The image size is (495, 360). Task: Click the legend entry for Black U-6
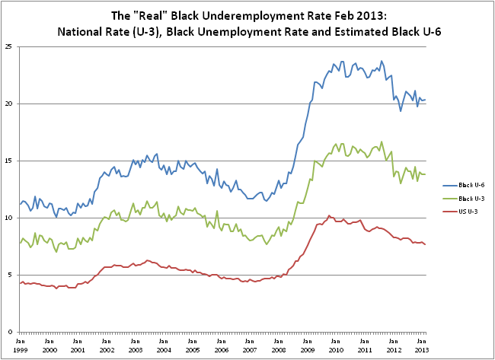[x=460, y=184]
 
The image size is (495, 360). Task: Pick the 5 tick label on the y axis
[x=11, y=275]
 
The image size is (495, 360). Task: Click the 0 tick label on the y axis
[x=11, y=332]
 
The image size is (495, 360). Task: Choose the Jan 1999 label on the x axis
[x=21, y=345]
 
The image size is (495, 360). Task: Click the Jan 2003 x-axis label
[x=135, y=345]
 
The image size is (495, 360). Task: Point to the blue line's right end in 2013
[x=425, y=100]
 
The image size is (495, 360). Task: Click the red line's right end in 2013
[x=425, y=244]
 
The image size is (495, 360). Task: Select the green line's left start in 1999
[x=19, y=243]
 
